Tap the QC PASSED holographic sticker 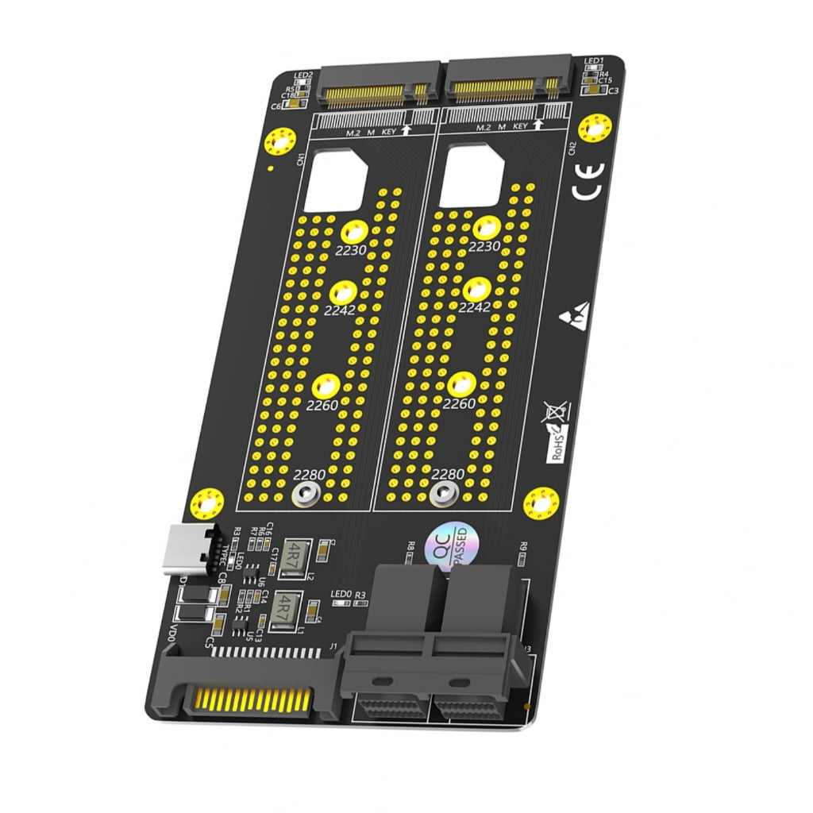[x=451, y=546]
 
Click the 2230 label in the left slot [x=351, y=249]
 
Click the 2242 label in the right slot [x=475, y=307]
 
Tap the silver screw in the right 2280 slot [x=440, y=494]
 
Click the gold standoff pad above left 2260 [x=326, y=387]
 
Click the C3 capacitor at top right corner [x=612, y=91]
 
